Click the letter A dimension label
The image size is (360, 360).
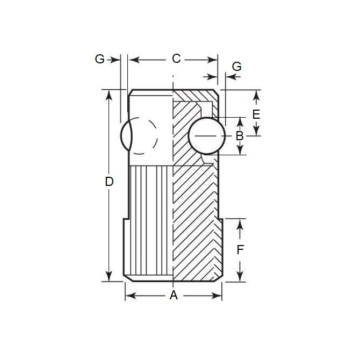pyautogui.click(x=174, y=295)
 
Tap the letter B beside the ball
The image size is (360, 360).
pyautogui.click(x=240, y=135)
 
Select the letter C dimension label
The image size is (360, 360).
pyautogui.click(x=176, y=59)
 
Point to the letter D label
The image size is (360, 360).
pyautogui.click(x=109, y=182)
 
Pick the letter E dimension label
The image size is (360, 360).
pyautogui.click(x=256, y=114)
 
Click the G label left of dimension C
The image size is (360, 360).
pyautogui.click(x=99, y=59)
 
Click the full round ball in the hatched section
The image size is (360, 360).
pyautogui.click(x=206, y=136)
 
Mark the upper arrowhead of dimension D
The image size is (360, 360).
pyautogui.click(x=110, y=95)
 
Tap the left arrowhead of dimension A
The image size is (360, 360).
pyautogui.click(x=129, y=295)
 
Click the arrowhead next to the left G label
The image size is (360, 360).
pyautogui.click(x=116, y=60)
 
